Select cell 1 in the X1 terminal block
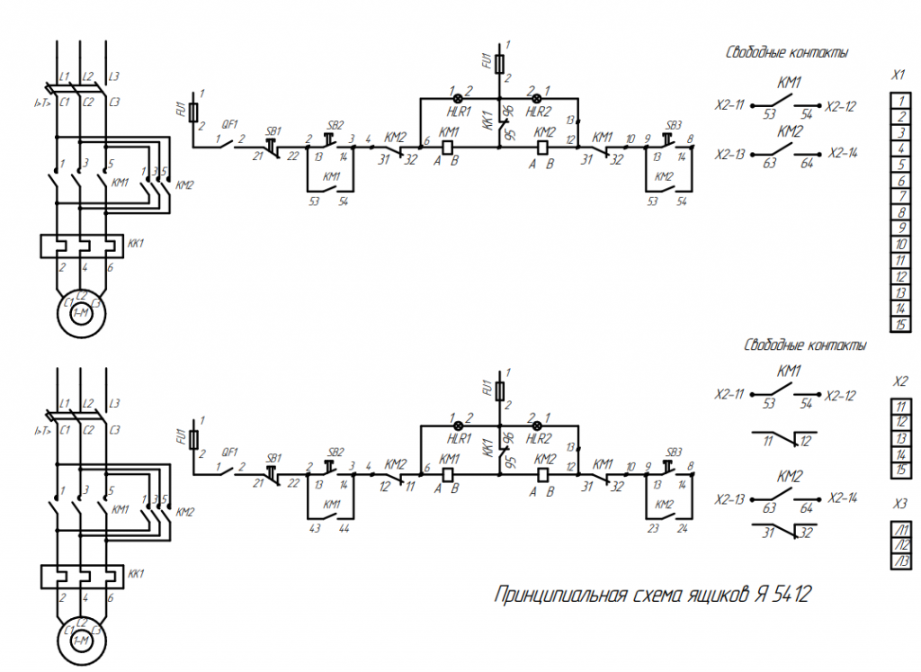pos(899,101)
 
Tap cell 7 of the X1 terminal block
pos(899,197)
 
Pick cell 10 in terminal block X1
pos(899,245)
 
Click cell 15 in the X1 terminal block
pos(899,325)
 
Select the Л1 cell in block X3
pos(899,530)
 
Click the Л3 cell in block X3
pos(899,561)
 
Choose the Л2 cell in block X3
pos(899,545)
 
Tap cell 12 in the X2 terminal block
pos(899,422)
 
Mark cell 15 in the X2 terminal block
pos(899,470)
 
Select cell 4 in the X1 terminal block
pos(899,148)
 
